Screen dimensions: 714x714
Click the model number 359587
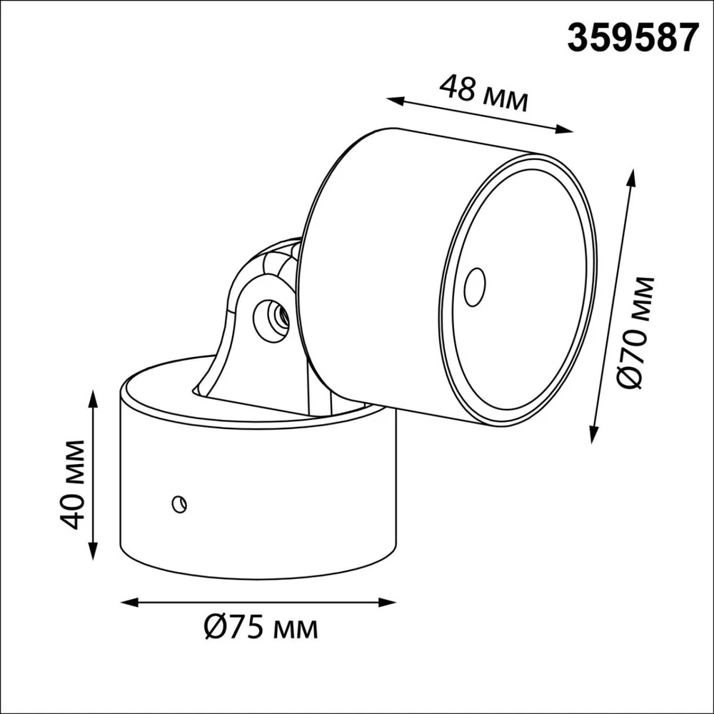633,39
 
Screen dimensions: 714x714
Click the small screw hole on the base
179,503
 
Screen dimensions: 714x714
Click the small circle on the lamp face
475,287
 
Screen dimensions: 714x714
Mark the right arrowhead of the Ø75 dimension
388,603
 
